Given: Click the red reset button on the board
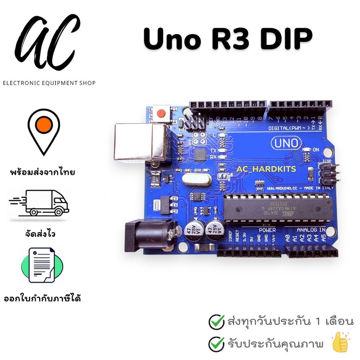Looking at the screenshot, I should coord(161,113).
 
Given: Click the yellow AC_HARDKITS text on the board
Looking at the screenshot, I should coord(266,169).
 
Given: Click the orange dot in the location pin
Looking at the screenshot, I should coord(44,125).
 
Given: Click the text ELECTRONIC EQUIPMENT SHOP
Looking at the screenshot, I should coord(49,83).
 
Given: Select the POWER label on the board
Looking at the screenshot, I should coord(267,230).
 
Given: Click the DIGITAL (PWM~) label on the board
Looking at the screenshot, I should coord(289,128).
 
